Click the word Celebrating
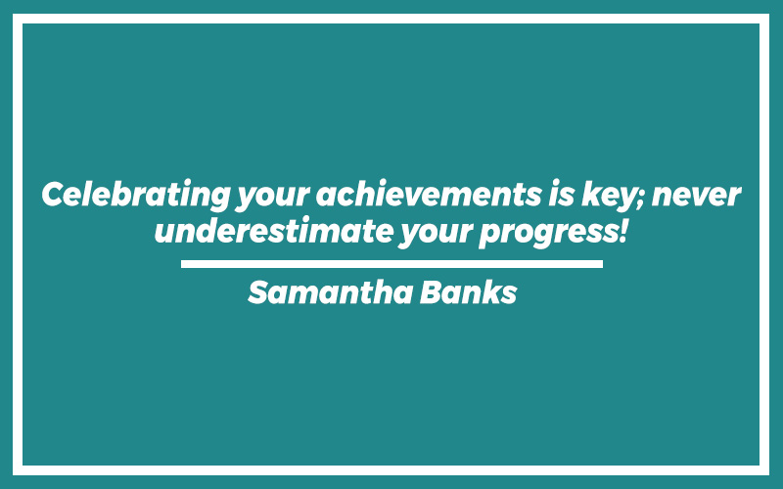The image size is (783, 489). (136, 195)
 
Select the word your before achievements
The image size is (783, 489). (273, 199)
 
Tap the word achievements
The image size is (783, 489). (429, 194)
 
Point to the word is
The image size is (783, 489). (561, 194)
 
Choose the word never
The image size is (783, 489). (697, 197)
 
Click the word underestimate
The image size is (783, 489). (274, 231)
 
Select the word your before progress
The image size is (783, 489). (436, 235)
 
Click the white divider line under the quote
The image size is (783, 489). (391, 264)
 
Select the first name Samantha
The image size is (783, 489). (330, 292)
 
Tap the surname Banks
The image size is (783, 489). (469, 292)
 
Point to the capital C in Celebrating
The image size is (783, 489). (54, 194)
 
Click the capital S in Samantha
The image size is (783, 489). (258, 292)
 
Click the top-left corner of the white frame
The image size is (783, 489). (13, 14)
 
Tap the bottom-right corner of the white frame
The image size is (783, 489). (769, 475)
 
